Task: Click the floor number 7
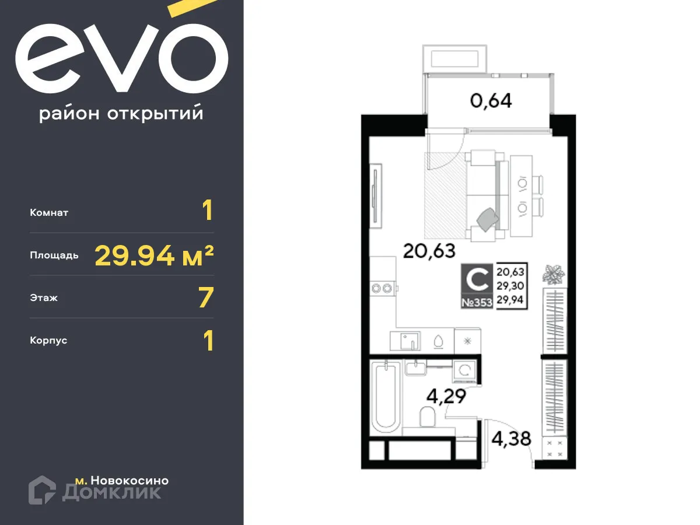206,298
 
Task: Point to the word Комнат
49,213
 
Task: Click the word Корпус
48,341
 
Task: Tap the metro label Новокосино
123,481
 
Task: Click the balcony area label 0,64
491,100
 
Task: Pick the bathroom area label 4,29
446,397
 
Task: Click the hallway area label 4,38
511,437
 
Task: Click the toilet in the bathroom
427,416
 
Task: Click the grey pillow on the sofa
488,218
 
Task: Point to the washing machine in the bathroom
466,370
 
